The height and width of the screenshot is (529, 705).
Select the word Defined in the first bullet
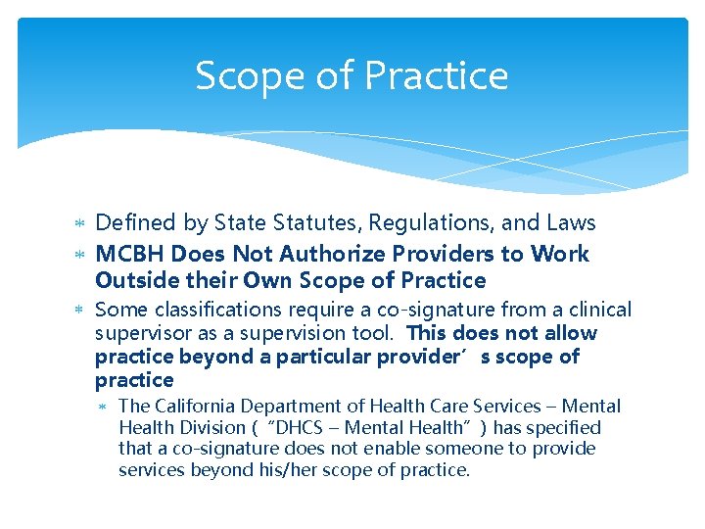[x=136, y=224]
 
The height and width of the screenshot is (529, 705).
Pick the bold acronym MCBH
[x=130, y=254]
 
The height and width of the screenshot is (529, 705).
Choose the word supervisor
[x=137, y=333]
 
